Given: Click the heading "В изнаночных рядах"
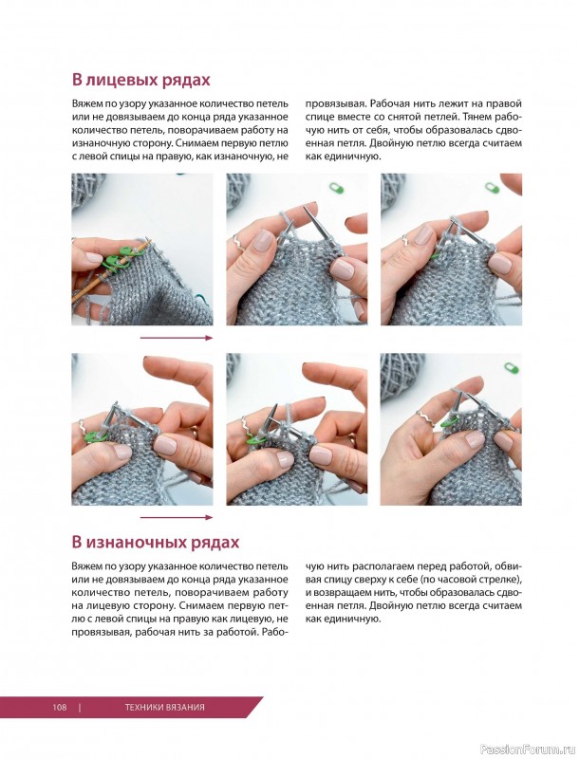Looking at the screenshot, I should (156, 542).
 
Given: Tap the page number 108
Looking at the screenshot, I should (59, 707).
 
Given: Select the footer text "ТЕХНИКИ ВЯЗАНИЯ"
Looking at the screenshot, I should (164, 707).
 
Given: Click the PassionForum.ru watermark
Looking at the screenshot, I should (526, 749).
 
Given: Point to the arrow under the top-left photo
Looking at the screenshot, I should (176, 337).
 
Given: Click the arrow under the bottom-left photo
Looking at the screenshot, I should (176, 517).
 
